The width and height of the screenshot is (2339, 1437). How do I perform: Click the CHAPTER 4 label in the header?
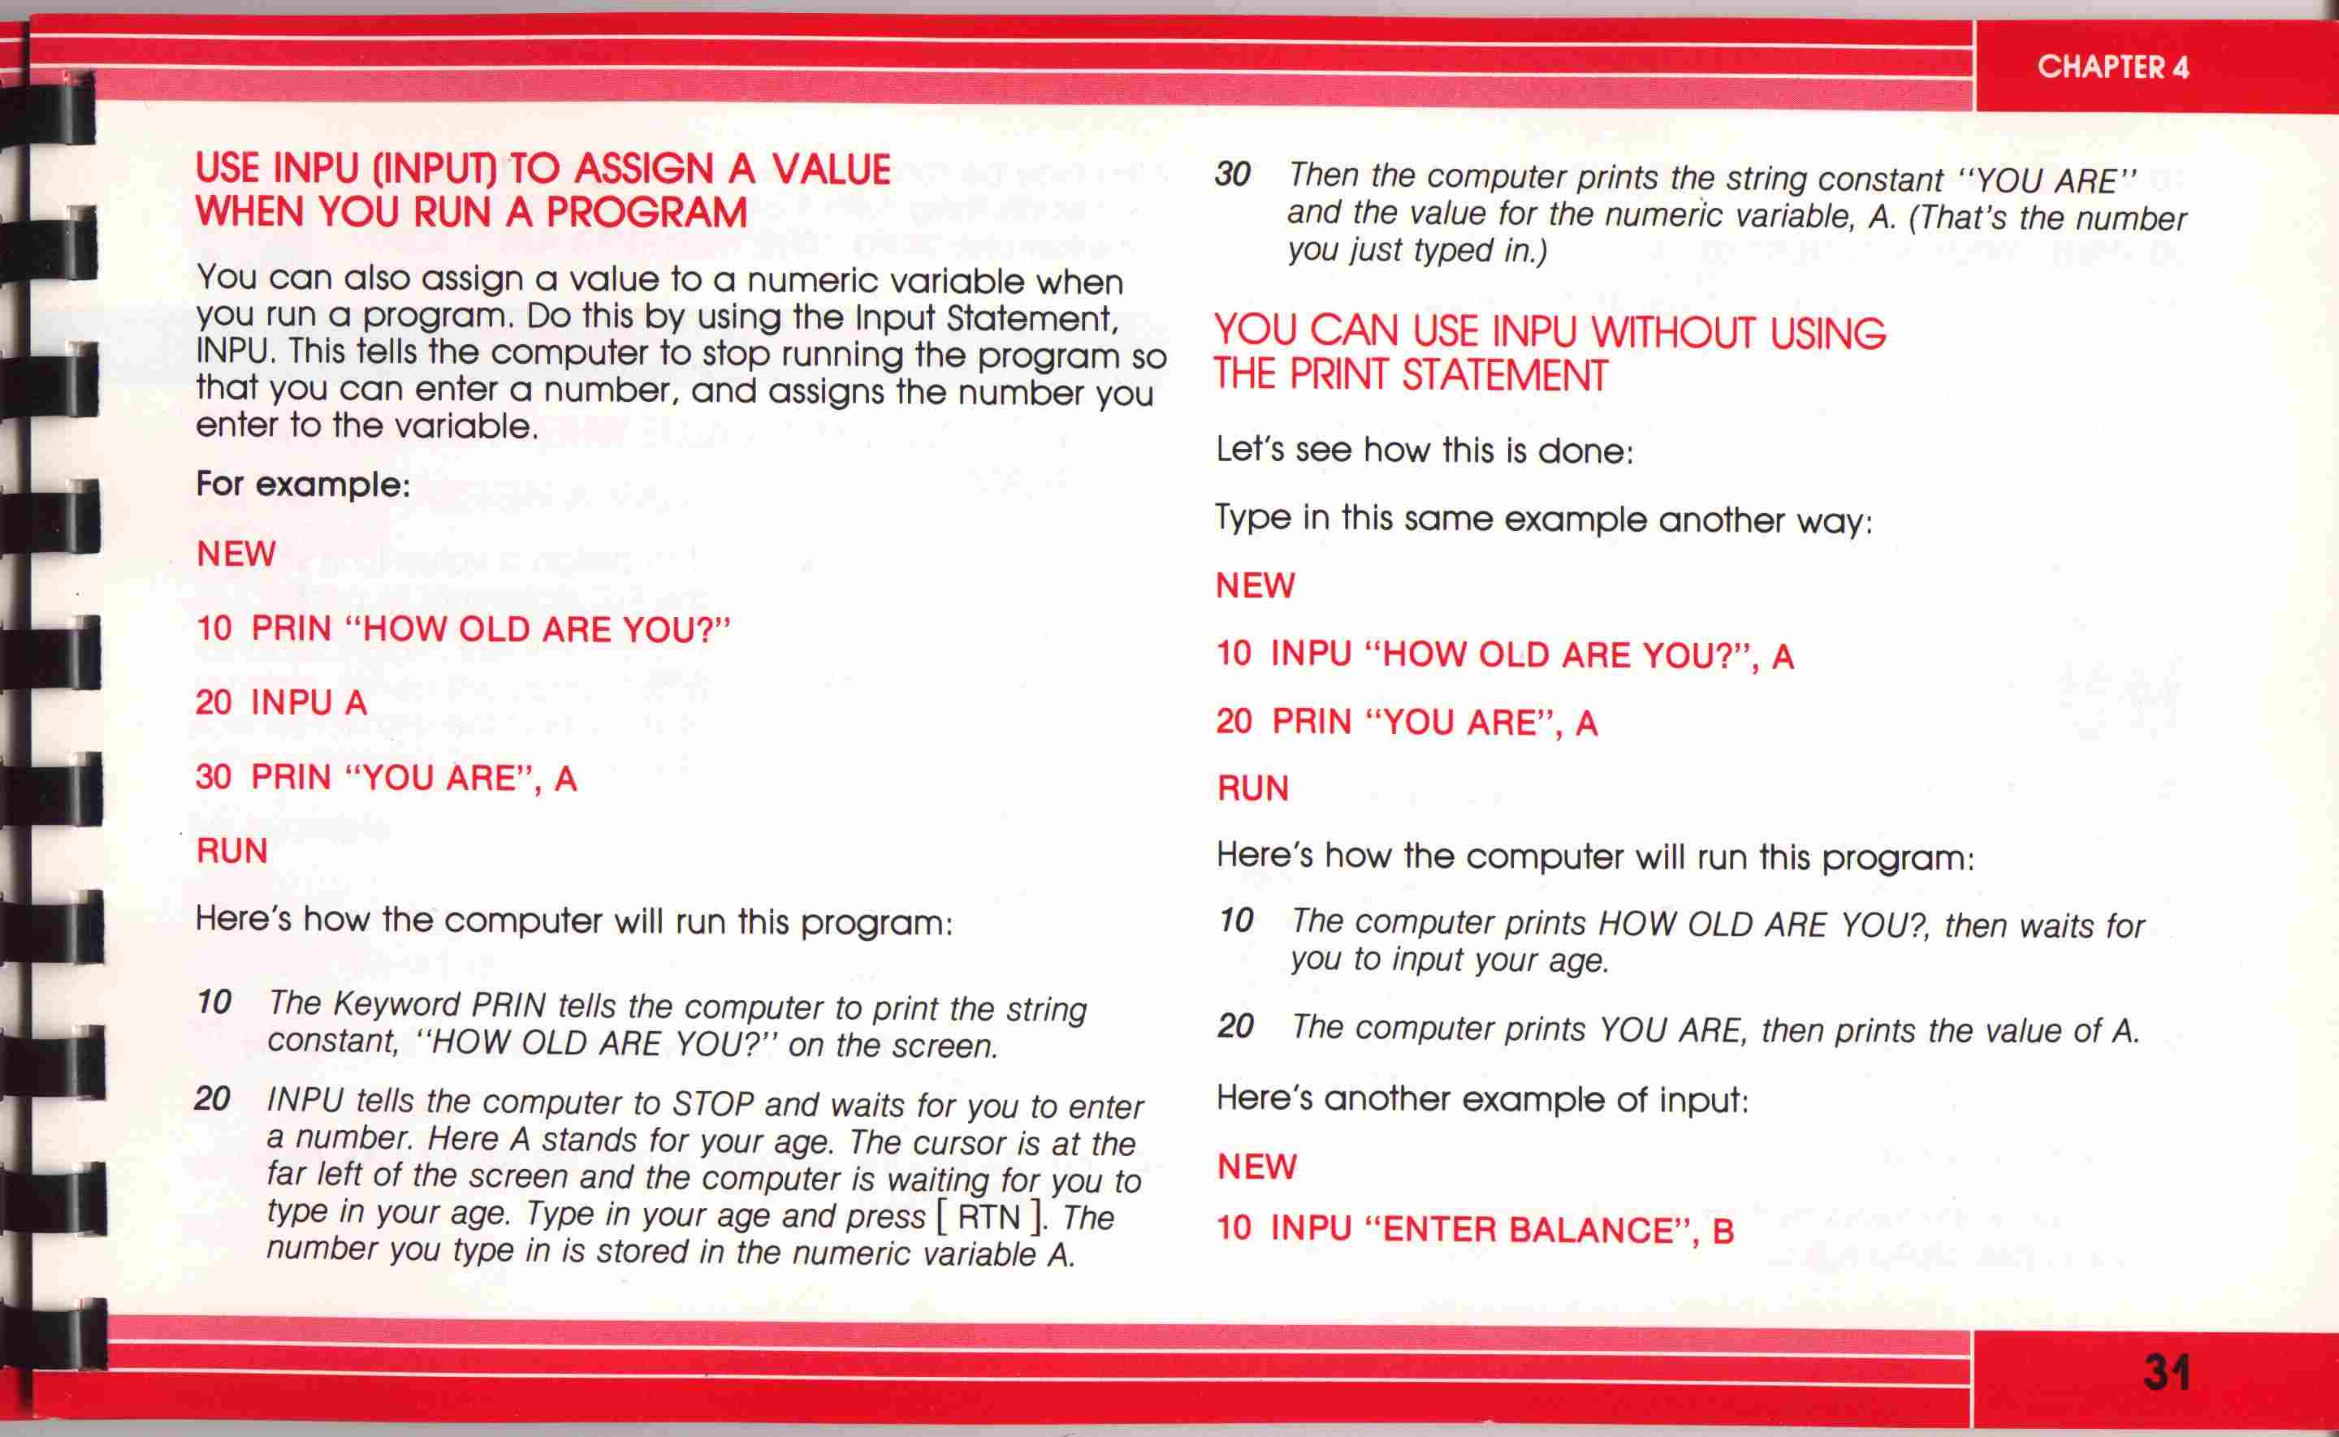tap(2112, 67)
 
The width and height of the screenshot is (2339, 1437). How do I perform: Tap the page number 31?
tap(2167, 1372)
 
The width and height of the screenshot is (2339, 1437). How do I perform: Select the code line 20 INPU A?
tap(281, 702)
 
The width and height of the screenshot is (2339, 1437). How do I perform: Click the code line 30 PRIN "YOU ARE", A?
tap(386, 778)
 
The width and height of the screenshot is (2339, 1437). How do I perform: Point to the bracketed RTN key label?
tap(990, 1216)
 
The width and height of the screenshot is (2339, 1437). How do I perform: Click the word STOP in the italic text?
tap(713, 1103)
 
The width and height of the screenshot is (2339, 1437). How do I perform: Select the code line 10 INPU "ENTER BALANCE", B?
tap(1475, 1230)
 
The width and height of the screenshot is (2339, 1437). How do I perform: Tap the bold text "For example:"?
tap(303, 485)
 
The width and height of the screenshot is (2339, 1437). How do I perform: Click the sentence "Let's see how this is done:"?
tap(1425, 450)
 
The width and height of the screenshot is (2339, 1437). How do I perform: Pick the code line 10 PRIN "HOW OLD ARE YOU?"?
tap(464, 629)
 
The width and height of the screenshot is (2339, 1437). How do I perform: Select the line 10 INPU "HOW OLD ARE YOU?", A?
tap(1506, 655)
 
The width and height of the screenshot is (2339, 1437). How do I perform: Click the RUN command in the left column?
tap(232, 851)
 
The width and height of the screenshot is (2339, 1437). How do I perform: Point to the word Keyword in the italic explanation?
tap(398, 1003)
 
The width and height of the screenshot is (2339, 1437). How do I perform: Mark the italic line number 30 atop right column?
tap(1233, 174)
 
